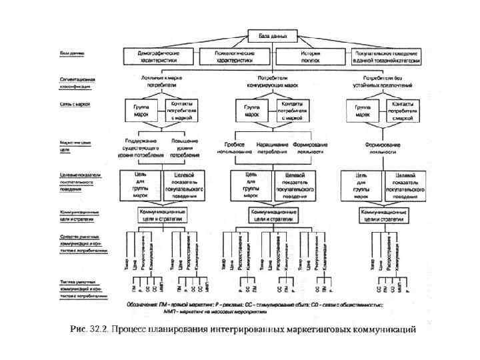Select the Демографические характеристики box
pyautogui.click(x=159, y=55)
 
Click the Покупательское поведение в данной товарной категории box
pyautogui.click(x=381, y=55)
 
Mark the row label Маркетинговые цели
pyautogui.click(x=75, y=146)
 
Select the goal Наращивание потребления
pyautogui.click(x=272, y=148)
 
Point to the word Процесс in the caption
pyautogui.click(x=131, y=328)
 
